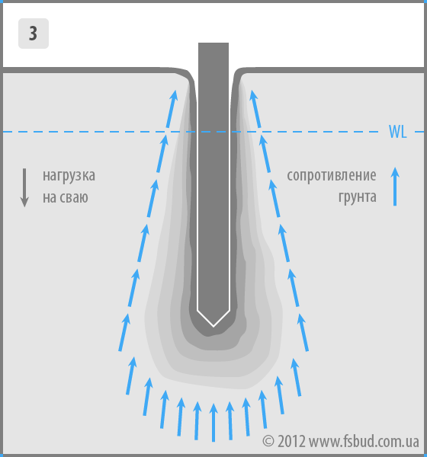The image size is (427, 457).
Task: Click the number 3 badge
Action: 34,34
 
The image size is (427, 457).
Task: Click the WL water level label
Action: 397,132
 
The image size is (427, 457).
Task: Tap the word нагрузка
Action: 69,176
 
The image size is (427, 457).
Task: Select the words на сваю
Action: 66,197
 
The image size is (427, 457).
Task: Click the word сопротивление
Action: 332,176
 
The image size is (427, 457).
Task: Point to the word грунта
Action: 358,197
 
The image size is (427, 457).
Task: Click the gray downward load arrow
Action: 24,187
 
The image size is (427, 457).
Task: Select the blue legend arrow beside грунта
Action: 395,187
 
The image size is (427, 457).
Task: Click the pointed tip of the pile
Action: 213,326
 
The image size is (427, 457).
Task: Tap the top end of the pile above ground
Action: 213,43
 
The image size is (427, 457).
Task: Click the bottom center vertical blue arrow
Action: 213,423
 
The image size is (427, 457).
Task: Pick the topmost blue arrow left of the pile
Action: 172,109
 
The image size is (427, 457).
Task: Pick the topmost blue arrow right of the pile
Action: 255,109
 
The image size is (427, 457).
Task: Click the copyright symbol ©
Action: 268,442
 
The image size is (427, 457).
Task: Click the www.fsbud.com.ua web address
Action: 364,442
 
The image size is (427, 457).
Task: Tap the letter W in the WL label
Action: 394,132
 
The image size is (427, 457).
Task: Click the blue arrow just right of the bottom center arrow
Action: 230,421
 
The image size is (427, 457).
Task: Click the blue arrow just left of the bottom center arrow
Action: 197,421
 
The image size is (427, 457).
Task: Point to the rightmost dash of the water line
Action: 419,132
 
